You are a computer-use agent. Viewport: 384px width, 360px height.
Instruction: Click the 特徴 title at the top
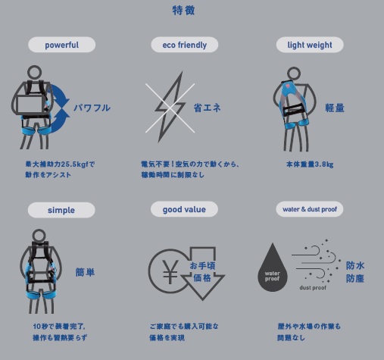click(183, 11)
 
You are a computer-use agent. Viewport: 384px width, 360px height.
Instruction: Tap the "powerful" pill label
click(62, 45)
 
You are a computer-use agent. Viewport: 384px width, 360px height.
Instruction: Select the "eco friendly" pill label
click(185, 45)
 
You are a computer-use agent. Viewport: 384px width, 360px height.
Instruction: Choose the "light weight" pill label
click(310, 45)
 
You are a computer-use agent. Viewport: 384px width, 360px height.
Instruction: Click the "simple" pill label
click(61, 210)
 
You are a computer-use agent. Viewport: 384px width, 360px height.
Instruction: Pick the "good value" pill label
click(184, 209)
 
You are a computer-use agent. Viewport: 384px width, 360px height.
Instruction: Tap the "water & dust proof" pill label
click(310, 209)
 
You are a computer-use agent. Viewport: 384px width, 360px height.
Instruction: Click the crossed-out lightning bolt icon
click(170, 108)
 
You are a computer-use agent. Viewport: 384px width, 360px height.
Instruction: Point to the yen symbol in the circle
click(170, 271)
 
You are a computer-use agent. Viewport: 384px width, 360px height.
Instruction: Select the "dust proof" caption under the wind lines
click(313, 287)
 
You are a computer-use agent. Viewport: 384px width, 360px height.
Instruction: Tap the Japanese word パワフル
click(92, 108)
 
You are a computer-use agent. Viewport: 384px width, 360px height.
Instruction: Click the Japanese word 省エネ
click(207, 108)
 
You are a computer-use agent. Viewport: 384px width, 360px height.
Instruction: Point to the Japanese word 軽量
click(335, 108)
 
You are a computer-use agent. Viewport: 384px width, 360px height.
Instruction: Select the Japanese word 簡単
click(85, 272)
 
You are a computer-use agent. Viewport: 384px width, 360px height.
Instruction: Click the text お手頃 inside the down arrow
click(202, 266)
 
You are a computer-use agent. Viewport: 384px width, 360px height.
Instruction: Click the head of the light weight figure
click(294, 74)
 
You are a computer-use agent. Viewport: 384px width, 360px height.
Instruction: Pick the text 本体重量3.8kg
click(310, 164)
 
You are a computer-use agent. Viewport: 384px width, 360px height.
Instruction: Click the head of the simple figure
click(39, 236)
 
